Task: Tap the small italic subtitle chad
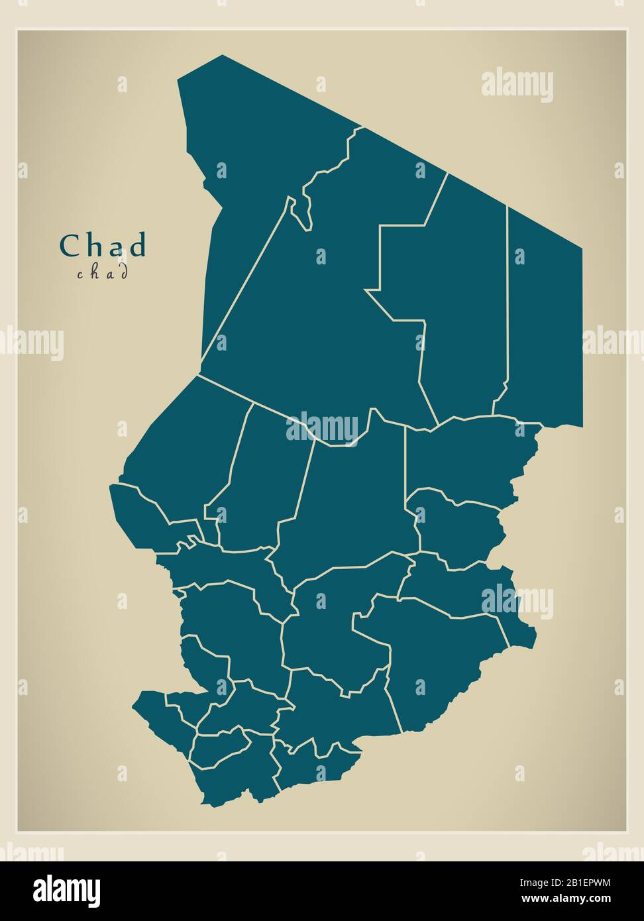tap(102, 272)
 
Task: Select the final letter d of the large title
tap(137, 246)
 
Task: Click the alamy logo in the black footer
tap(66, 891)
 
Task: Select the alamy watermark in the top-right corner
tap(517, 85)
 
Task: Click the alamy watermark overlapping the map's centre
tap(323, 427)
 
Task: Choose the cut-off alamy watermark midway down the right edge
tap(613, 341)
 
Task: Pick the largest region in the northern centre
tap(318, 311)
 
